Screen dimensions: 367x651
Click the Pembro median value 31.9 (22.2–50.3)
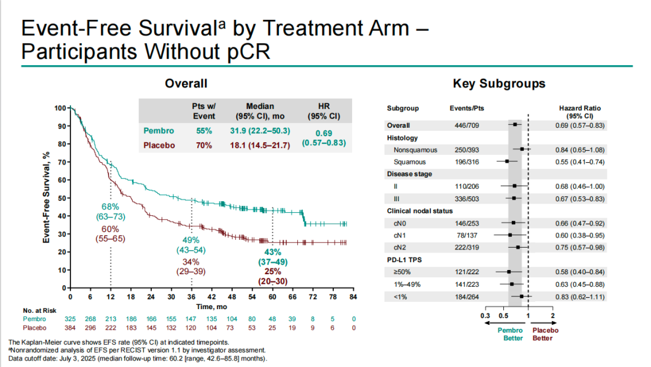(260, 131)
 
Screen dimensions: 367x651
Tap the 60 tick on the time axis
(272, 296)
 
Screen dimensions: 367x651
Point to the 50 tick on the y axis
(61, 198)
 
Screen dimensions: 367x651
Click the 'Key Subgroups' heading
(499, 84)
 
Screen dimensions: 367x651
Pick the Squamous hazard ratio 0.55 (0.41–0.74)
(580, 162)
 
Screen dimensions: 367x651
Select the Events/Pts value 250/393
(467, 149)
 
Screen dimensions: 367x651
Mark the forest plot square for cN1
(510, 235)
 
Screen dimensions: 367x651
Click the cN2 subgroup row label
(401, 247)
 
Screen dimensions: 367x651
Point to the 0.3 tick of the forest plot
(485, 316)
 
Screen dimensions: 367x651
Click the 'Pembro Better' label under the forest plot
(509, 334)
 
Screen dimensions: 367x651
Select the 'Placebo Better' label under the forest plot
(545, 334)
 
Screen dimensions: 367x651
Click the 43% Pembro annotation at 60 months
(272, 252)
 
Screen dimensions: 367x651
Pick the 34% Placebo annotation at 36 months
(191, 263)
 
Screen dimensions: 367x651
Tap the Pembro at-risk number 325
(71, 318)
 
